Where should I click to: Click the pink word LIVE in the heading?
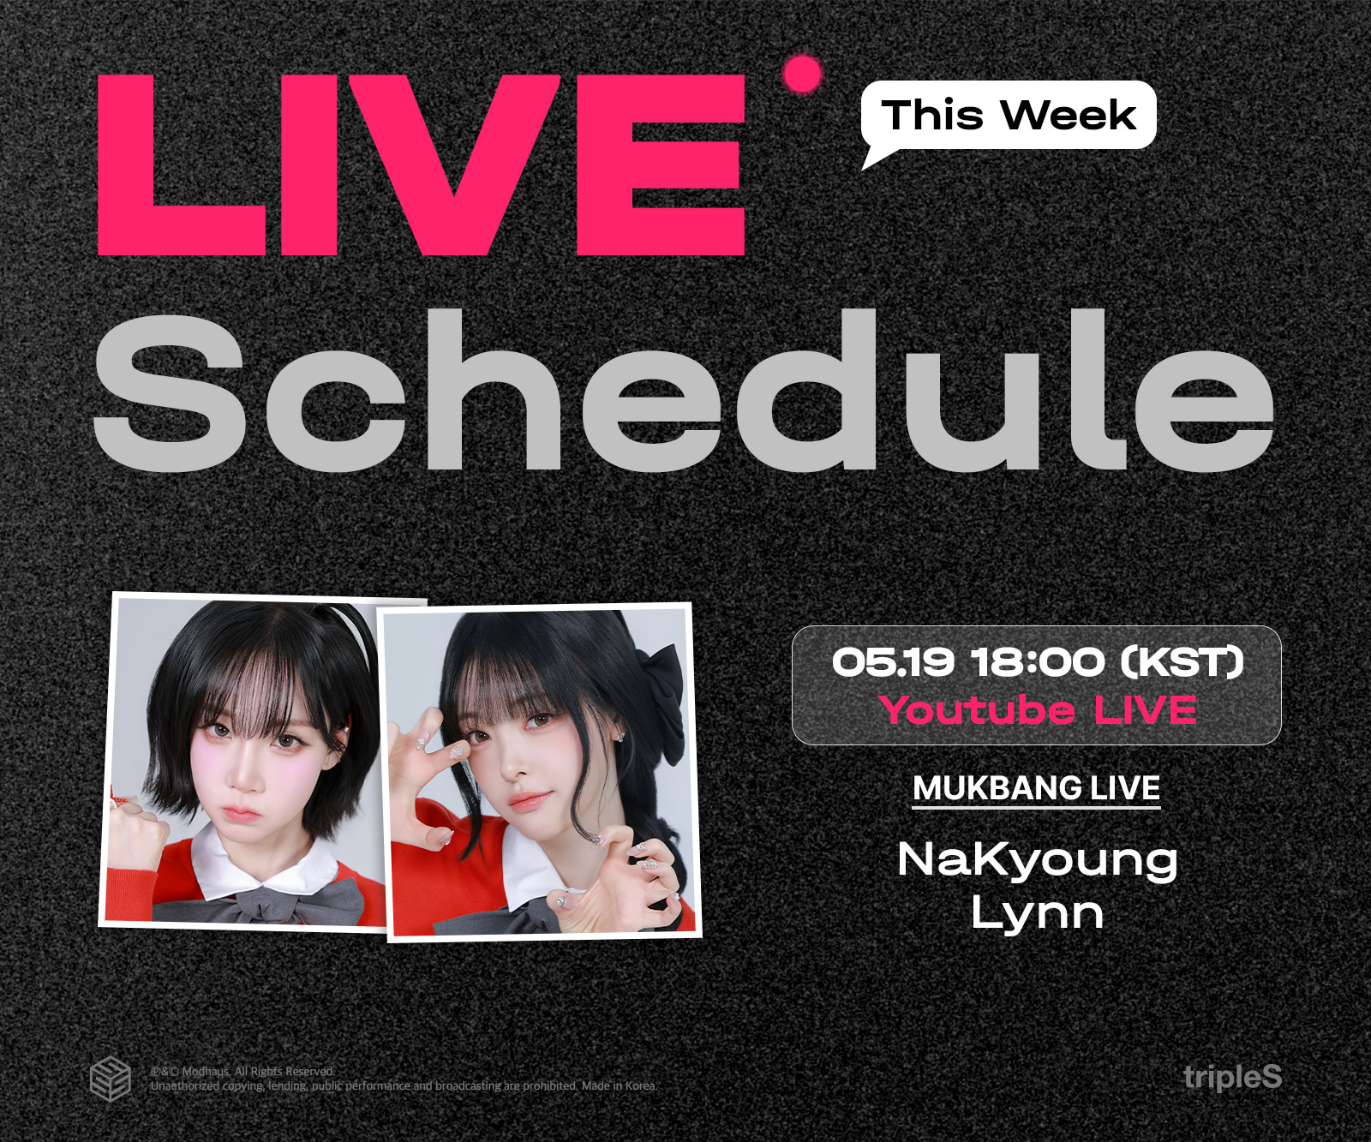point(421,164)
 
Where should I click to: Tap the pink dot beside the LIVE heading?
point(802,75)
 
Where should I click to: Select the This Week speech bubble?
point(1009,117)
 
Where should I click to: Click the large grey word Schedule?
point(683,391)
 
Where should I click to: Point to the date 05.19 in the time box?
point(892,662)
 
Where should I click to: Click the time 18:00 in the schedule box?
point(1038,662)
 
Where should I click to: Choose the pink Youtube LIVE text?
point(1038,710)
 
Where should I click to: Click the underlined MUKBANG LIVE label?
point(1037,788)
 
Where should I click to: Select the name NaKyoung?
point(1038,859)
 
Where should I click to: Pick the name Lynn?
point(1038,912)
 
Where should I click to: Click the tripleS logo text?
point(1232,1077)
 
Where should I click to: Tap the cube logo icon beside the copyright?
point(111,1079)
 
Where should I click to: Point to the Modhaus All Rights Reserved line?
point(242,1071)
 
